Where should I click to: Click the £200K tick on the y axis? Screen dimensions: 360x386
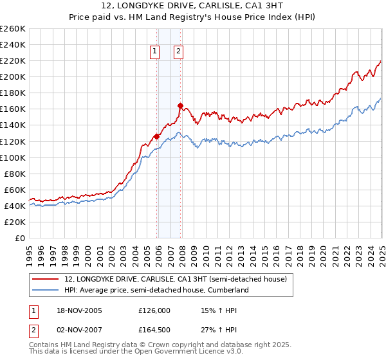[13, 76]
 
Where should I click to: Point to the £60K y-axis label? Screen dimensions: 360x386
[15, 190]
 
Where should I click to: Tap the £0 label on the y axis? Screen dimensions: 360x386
[19, 238]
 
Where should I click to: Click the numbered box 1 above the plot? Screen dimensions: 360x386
[156, 53]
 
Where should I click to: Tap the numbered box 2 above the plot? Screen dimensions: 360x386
[178, 53]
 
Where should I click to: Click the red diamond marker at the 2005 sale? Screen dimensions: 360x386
[156, 136]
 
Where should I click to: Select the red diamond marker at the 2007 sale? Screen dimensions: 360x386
[180, 105]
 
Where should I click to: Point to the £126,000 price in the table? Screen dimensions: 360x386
[154, 310]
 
